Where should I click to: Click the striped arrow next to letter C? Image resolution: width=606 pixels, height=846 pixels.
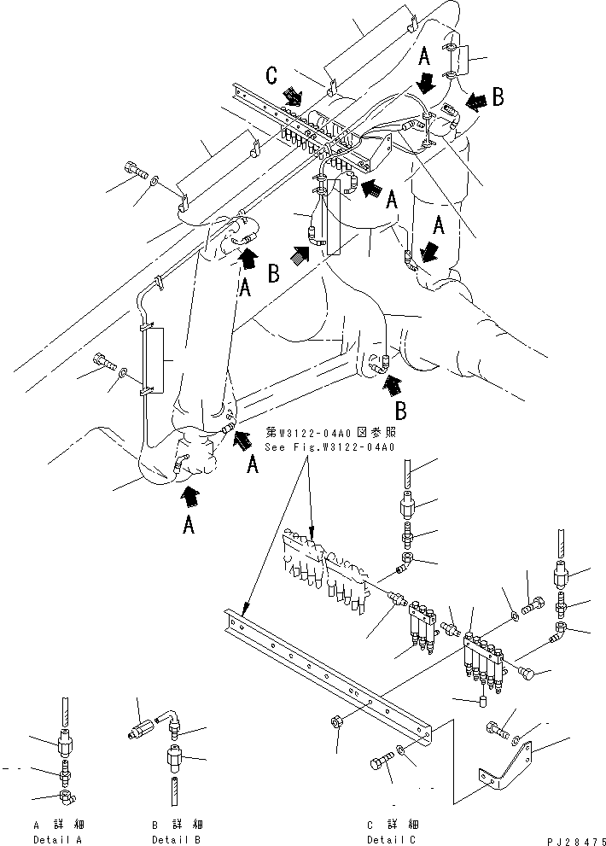(293, 96)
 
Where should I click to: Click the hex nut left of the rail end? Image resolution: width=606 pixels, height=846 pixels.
(335, 724)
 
